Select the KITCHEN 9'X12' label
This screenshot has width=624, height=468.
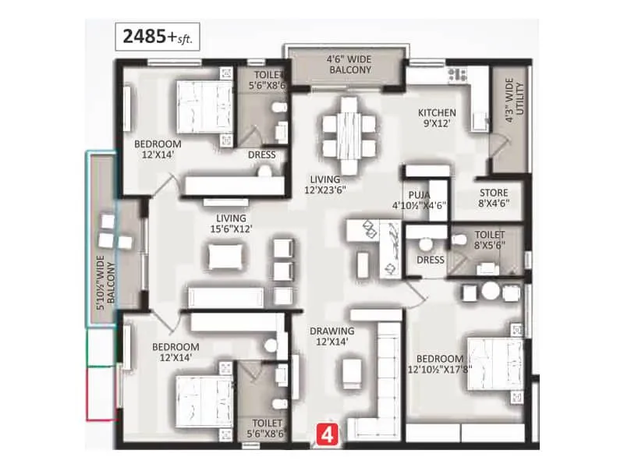click(437, 118)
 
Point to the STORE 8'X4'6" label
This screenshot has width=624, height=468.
click(493, 198)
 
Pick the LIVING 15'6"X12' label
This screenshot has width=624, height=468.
click(232, 223)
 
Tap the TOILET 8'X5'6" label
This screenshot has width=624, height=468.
click(488, 239)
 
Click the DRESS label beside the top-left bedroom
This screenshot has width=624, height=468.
click(261, 154)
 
